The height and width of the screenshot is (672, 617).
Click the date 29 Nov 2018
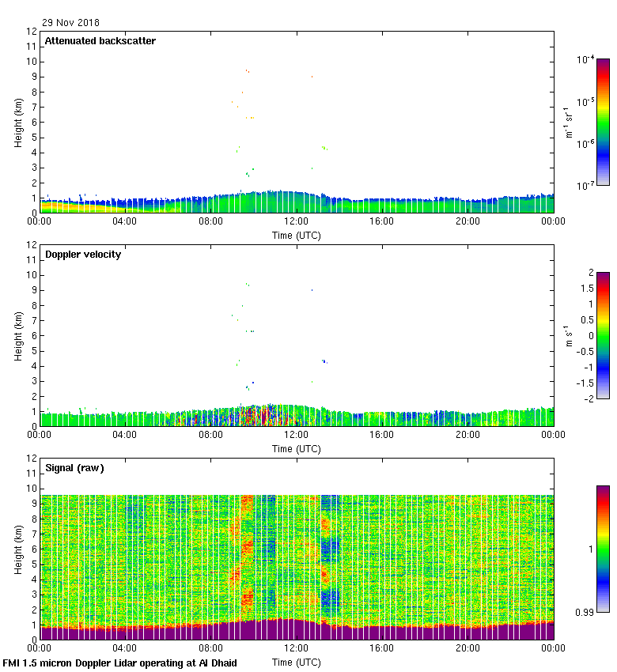pyautogui.click(x=70, y=23)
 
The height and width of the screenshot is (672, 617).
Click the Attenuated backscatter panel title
pyautogui.click(x=100, y=41)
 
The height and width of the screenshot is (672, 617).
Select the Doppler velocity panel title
pyautogui.click(x=83, y=255)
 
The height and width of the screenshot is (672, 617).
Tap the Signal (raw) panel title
pyautogui.click(x=74, y=468)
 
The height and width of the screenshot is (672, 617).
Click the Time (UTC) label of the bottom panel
pyautogui.click(x=296, y=662)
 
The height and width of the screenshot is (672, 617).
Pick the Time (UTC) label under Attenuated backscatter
pyautogui.click(x=296, y=235)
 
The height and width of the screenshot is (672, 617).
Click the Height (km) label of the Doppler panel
pyautogui.click(x=18, y=336)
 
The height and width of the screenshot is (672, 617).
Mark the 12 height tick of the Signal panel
pyautogui.click(x=32, y=459)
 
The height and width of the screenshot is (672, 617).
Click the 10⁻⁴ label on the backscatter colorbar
pyautogui.click(x=586, y=60)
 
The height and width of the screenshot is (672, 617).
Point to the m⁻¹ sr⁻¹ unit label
pyautogui.click(x=570, y=123)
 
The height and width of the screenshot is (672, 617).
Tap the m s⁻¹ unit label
pyautogui.click(x=570, y=336)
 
